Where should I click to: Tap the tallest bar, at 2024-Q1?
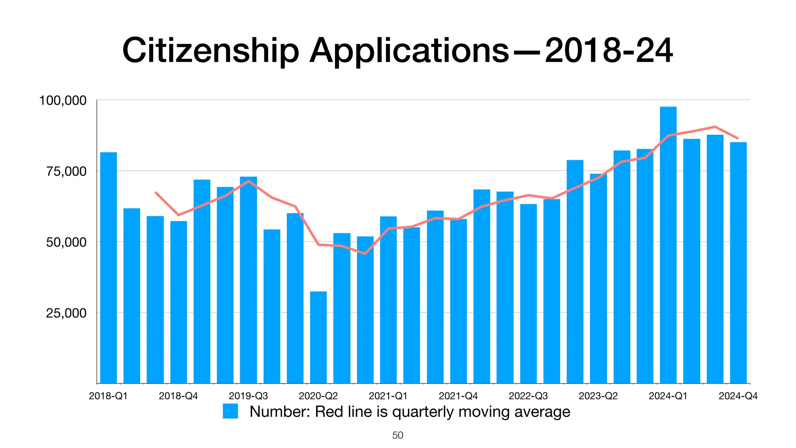[668, 245]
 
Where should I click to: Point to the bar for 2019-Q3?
[248, 280]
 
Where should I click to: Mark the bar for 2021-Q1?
[388, 300]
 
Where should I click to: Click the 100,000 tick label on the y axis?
[63, 101]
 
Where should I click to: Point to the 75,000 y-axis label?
[66, 171]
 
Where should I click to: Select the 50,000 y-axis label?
[66, 242]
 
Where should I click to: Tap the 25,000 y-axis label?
[66, 313]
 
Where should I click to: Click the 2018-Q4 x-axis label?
[178, 396]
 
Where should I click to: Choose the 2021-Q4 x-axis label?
[458, 396]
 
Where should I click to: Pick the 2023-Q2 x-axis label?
[598, 396]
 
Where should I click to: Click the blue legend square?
[230, 411]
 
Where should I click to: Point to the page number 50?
[398, 435]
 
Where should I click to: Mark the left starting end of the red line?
[155, 192]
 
